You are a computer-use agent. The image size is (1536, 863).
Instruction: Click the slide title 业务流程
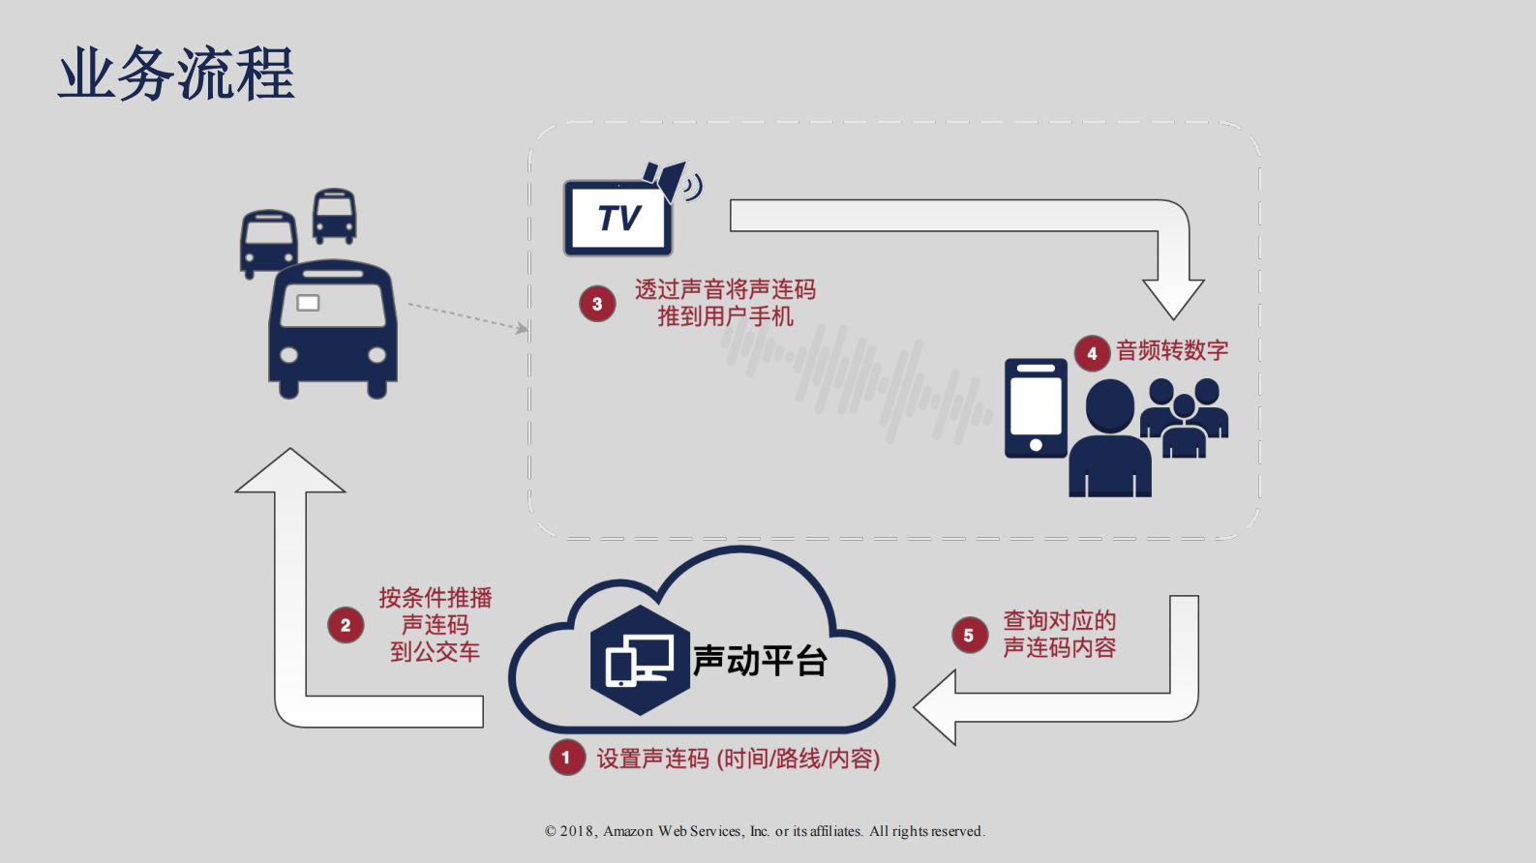[176, 74]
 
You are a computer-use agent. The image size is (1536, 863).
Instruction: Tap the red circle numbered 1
[566, 758]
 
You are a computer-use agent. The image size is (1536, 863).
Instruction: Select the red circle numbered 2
[346, 625]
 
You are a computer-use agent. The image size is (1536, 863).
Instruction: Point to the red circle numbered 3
[597, 304]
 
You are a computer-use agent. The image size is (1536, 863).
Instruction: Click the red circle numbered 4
[1092, 353]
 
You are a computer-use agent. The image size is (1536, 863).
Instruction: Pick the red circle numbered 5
[969, 636]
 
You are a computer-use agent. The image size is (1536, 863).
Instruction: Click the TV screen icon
[618, 218]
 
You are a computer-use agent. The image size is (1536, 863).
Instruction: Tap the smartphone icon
[1036, 407]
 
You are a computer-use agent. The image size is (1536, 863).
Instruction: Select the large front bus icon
[333, 329]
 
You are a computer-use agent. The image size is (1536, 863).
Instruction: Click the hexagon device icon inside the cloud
[639, 661]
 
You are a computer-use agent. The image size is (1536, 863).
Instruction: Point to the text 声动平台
[760, 661]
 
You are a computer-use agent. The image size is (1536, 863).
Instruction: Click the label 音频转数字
[1172, 350]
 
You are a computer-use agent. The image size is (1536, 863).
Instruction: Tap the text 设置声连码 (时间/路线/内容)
[738, 759]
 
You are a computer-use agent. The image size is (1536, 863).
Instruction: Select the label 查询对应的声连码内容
[1059, 634]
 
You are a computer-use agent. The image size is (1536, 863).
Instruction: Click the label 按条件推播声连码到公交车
[436, 624]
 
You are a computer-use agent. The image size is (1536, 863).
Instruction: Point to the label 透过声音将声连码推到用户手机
[725, 303]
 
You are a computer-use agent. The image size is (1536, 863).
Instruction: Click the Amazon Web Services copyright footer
[765, 831]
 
